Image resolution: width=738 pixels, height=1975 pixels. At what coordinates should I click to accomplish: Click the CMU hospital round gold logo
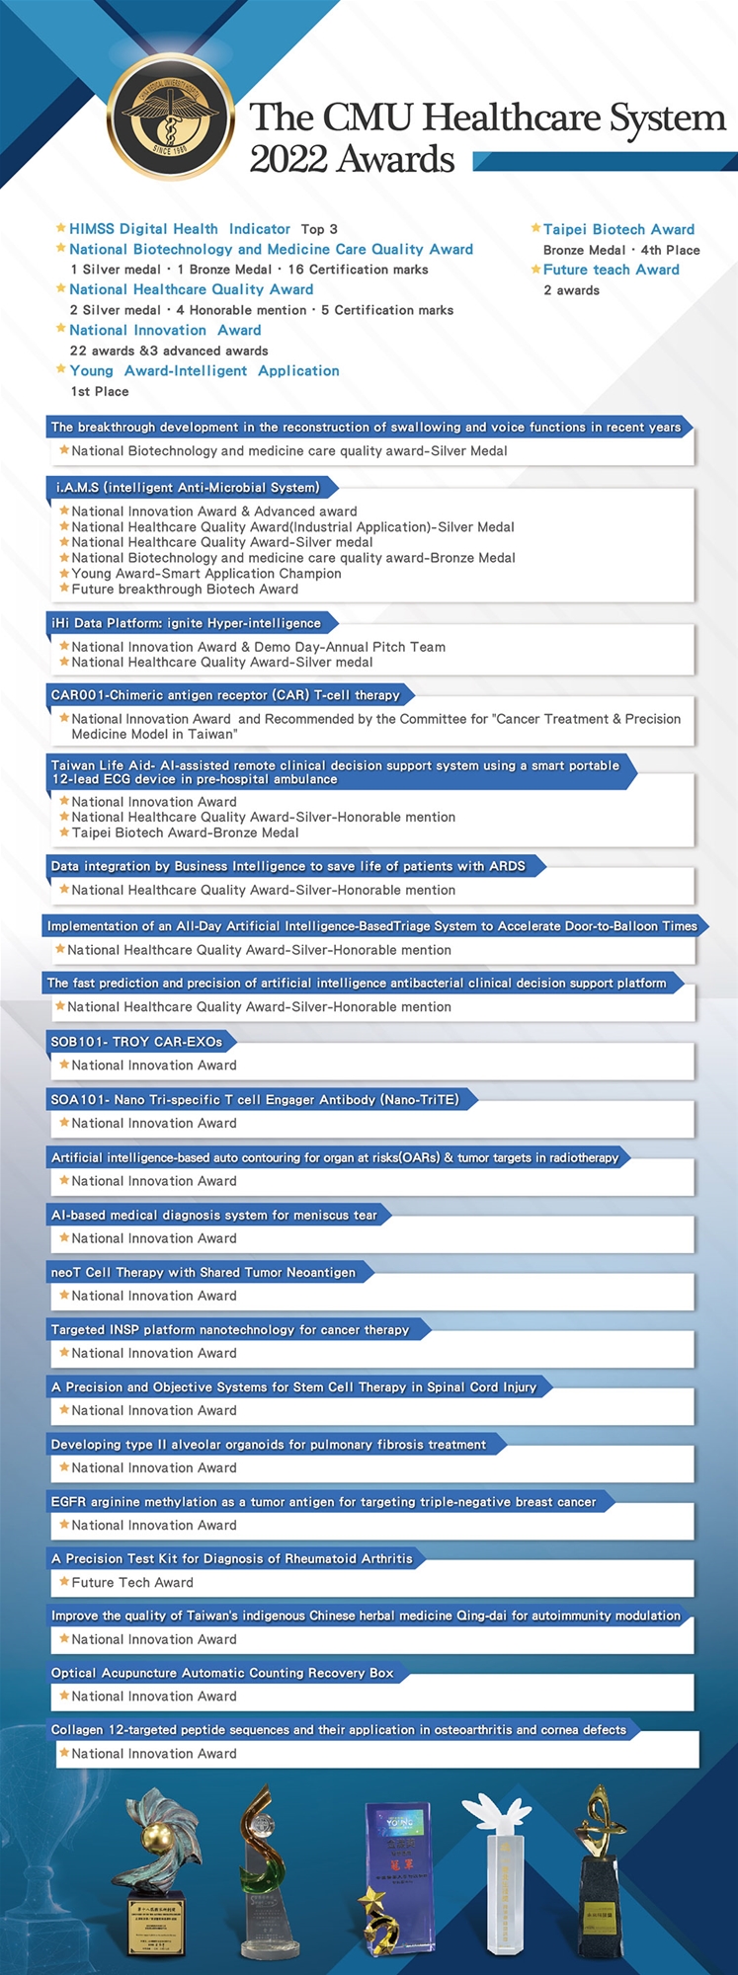(x=170, y=117)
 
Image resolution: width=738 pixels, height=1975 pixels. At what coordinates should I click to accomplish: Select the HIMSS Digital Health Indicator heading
(x=180, y=229)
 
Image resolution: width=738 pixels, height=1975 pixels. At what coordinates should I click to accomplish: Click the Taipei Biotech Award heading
(x=618, y=229)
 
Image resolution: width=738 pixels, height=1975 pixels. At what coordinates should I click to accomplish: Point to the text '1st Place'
(x=100, y=391)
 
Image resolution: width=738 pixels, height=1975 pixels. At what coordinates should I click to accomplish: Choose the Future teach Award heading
(x=611, y=270)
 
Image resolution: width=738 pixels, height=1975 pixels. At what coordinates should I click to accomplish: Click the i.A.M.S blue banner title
(x=188, y=487)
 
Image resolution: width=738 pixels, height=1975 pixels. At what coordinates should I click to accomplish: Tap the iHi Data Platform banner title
(x=186, y=623)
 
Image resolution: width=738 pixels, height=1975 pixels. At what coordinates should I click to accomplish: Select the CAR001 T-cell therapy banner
(x=225, y=694)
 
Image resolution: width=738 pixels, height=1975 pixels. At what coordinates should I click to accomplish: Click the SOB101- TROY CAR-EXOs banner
(x=136, y=1041)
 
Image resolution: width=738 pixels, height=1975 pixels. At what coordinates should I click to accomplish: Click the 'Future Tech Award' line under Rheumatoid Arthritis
(x=132, y=1582)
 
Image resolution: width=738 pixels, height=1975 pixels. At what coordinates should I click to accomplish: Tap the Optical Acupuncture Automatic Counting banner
(x=222, y=1673)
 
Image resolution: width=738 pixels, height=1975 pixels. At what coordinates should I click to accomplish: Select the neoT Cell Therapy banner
(x=204, y=1272)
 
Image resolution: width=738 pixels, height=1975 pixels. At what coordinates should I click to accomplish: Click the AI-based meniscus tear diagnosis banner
(x=214, y=1215)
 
